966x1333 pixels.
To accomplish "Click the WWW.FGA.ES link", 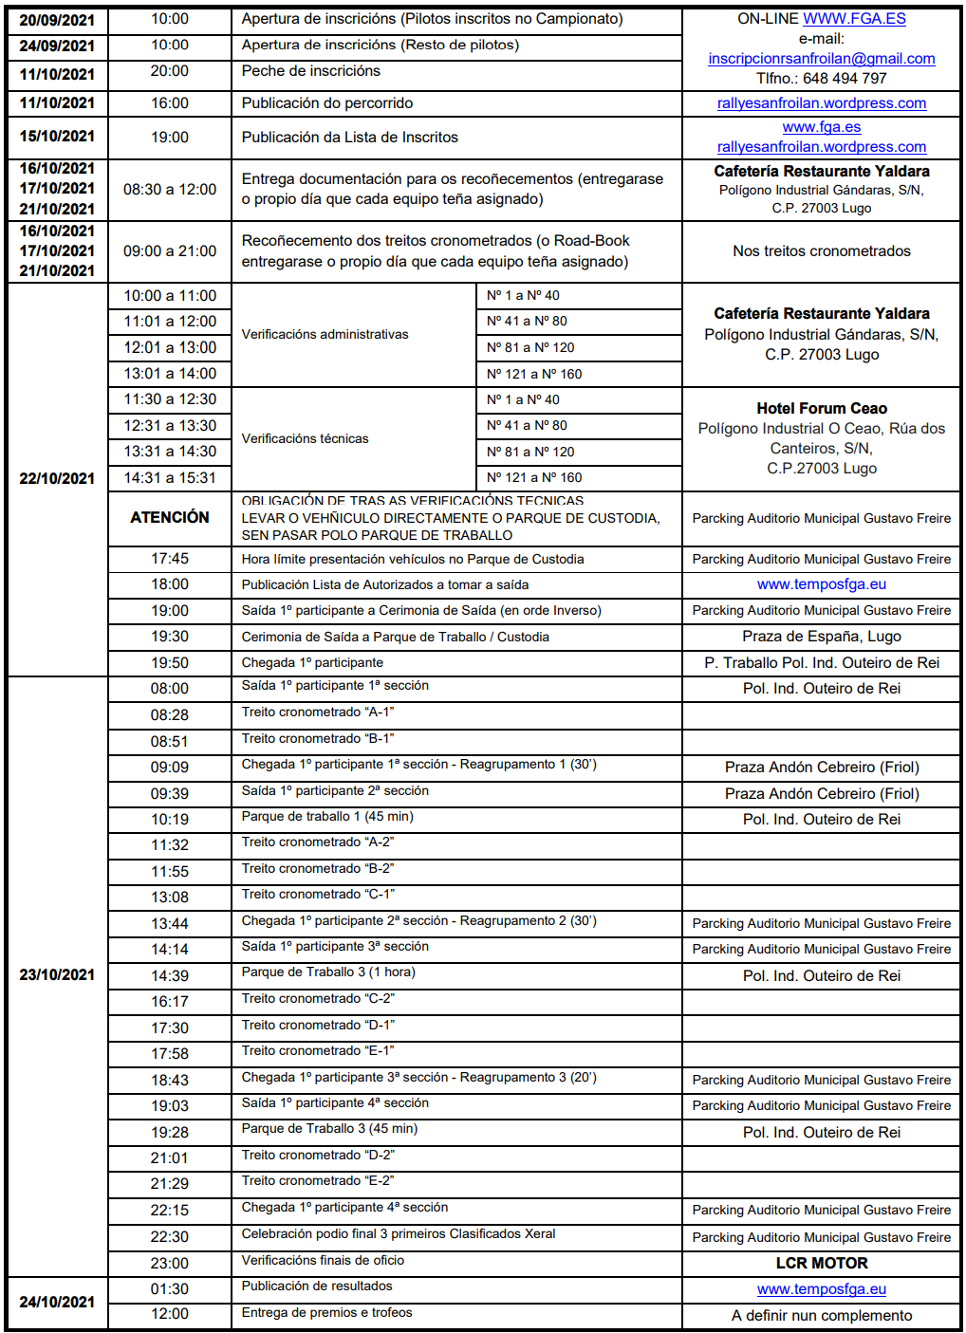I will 854,19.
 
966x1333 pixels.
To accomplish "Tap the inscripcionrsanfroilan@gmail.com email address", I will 822,59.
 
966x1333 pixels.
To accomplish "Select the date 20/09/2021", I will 57,20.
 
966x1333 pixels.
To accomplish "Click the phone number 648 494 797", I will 845,79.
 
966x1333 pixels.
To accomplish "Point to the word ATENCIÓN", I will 170,517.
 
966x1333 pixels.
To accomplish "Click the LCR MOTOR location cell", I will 822,1264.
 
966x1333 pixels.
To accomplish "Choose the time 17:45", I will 170,559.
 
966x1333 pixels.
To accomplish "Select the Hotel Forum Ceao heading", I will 822,409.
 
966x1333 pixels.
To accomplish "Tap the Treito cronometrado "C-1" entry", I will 318,895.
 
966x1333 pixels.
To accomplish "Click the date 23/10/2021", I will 57,975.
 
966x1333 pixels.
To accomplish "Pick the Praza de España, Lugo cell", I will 822,637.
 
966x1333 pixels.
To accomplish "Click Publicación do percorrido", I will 327,103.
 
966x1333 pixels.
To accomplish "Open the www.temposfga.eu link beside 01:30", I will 822,1289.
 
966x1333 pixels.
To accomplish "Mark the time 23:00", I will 170,1264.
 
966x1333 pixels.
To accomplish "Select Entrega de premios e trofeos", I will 326,1313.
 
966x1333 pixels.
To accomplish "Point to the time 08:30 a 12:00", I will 170,190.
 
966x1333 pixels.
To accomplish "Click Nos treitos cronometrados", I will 822,251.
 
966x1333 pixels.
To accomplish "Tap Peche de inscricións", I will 310,71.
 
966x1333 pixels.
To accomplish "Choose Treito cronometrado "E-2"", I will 318,1181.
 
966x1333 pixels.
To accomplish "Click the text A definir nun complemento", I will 822,1316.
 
